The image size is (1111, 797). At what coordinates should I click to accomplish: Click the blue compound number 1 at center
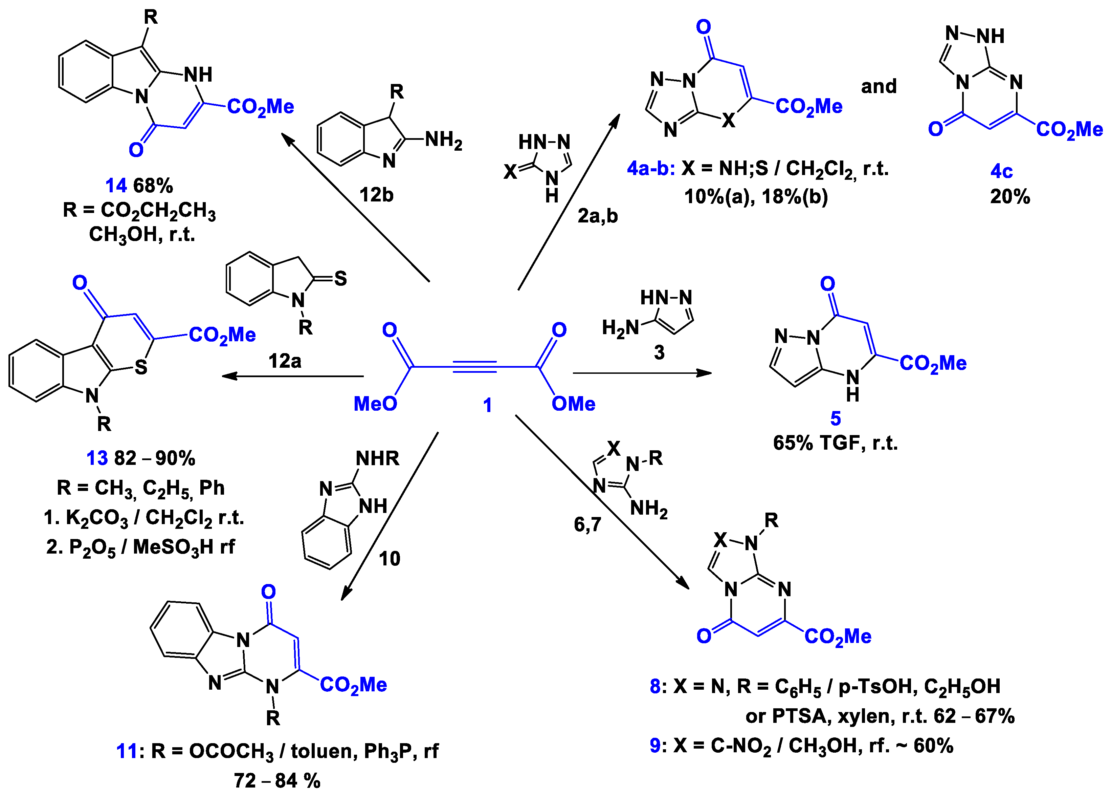coord(487,405)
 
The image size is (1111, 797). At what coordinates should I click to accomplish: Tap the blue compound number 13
coord(97,458)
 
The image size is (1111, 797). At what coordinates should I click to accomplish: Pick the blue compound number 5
coord(836,418)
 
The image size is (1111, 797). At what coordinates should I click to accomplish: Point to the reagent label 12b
coord(376,195)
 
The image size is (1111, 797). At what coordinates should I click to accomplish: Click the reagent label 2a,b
coord(598,215)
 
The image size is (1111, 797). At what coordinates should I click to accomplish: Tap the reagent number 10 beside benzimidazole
coord(390,558)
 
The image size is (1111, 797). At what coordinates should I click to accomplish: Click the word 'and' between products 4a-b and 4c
coord(879,86)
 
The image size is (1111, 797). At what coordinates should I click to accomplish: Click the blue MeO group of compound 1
coord(375,403)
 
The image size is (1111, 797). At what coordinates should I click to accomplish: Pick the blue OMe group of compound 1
coord(573,403)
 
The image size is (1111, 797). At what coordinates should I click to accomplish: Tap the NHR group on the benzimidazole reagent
coord(377,458)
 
